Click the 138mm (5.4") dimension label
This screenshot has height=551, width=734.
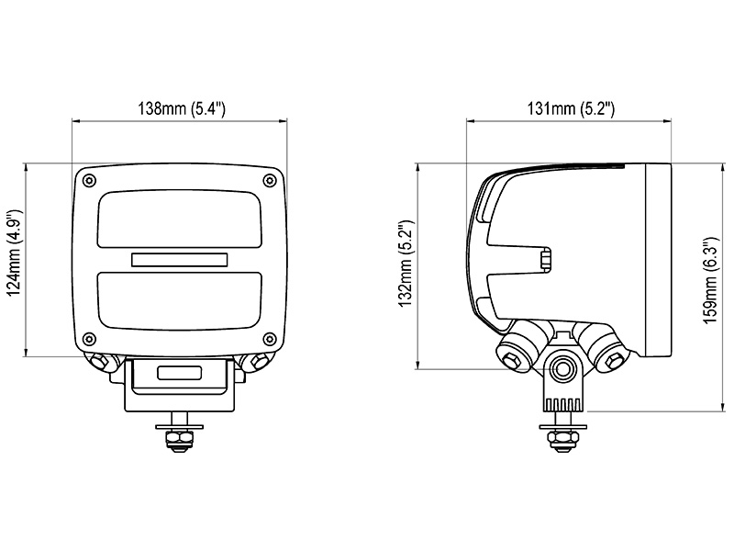[182, 108]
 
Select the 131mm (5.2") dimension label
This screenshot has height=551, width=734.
[571, 108]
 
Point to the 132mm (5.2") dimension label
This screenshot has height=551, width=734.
[406, 263]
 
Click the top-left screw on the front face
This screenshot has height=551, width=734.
[89, 180]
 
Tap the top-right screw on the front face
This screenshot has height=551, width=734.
[269, 180]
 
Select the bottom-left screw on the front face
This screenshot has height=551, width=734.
[89, 338]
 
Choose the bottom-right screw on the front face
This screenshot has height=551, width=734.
[269, 338]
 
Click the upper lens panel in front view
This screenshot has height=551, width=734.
[179, 219]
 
